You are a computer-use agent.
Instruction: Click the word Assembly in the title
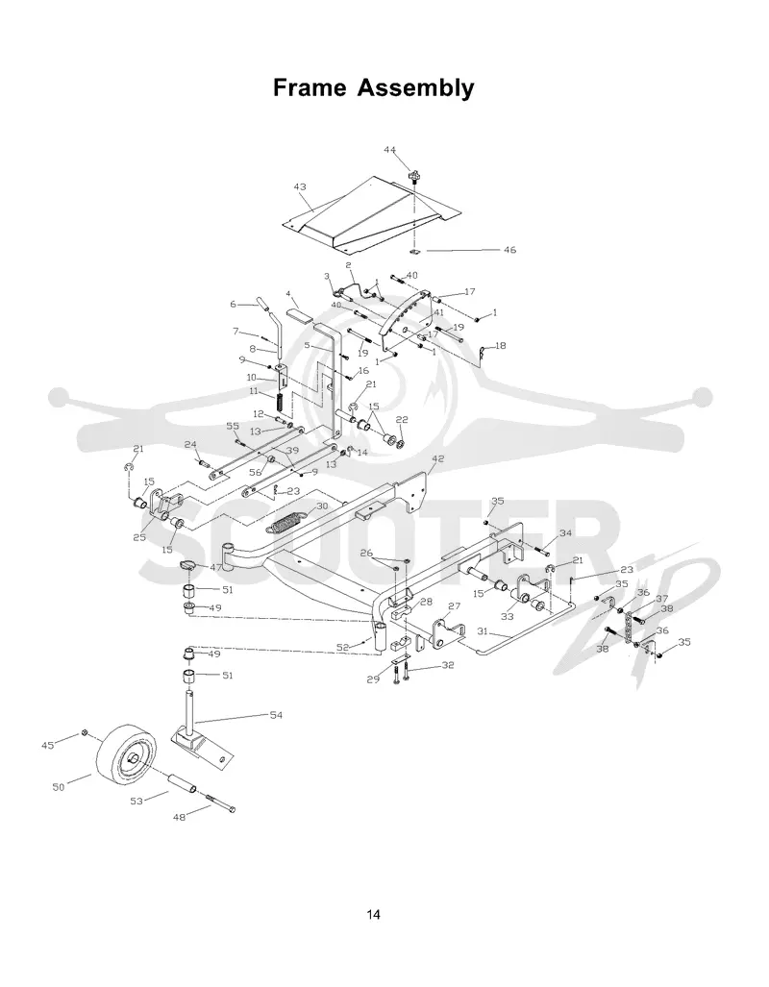(x=415, y=88)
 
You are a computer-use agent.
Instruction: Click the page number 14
(x=374, y=914)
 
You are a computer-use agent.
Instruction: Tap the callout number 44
(x=390, y=150)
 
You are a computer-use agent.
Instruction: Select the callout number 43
(x=300, y=187)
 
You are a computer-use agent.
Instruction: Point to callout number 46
(x=509, y=250)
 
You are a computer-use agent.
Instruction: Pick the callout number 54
(x=276, y=715)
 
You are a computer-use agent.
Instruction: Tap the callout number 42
(x=437, y=458)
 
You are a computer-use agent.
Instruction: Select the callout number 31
(x=484, y=630)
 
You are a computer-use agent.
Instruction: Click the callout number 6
(x=233, y=304)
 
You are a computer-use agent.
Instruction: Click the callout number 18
(x=500, y=346)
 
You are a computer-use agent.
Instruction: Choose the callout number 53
(x=136, y=801)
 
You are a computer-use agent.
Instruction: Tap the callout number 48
(x=180, y=817)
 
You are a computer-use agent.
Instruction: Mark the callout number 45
(x=48, y=746)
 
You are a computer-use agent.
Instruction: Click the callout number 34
(x=565, y=533)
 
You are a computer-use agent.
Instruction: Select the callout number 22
(x=402, y=420)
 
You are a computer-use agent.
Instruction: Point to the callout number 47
(x=215, y=567)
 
